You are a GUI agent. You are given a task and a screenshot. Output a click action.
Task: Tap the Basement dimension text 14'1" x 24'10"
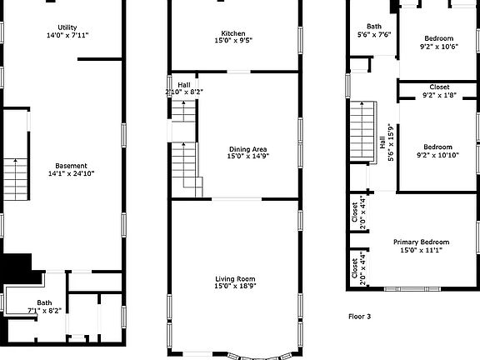(71, 174)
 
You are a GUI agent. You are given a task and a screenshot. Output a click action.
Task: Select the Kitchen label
(233, 33)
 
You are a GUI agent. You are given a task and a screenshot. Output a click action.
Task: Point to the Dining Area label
(248, 149)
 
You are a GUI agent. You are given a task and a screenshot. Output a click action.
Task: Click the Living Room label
(235, 279)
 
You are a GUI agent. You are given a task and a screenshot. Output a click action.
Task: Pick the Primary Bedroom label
(421, 242)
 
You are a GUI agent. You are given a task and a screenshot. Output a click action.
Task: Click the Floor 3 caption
(360, 316)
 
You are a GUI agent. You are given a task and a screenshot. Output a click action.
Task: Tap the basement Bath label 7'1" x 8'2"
(45, 307)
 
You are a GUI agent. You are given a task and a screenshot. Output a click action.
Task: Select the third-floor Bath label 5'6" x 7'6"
(374, 30)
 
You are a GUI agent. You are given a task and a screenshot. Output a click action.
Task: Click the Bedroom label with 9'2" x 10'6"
(439, 42)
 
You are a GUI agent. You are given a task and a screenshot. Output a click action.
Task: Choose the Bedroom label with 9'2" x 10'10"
(438, 151)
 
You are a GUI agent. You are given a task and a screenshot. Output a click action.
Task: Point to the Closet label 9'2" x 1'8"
(440, 91)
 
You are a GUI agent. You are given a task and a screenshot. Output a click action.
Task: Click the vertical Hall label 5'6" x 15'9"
(387, 142)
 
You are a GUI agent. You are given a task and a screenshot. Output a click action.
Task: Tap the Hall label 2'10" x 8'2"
(184, 88)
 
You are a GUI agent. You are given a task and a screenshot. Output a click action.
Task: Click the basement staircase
(16, 179)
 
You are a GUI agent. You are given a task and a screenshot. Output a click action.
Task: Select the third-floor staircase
(362, 132)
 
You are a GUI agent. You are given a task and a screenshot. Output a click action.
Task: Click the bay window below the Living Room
(260, 357)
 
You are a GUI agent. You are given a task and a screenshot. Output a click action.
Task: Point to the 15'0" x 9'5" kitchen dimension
(233, 40)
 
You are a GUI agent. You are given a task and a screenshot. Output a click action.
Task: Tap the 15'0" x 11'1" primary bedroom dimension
(421, 250)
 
